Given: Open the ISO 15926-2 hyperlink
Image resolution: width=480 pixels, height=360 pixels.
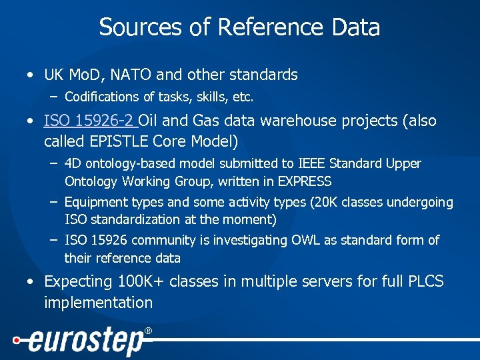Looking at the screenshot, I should tap(89, 121).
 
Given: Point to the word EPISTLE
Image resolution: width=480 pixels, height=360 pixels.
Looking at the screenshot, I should tap(121, 141).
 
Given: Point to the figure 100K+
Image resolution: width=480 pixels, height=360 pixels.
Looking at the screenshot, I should tap(141, 281).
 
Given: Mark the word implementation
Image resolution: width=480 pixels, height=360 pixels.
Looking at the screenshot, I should tap(98, 303).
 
